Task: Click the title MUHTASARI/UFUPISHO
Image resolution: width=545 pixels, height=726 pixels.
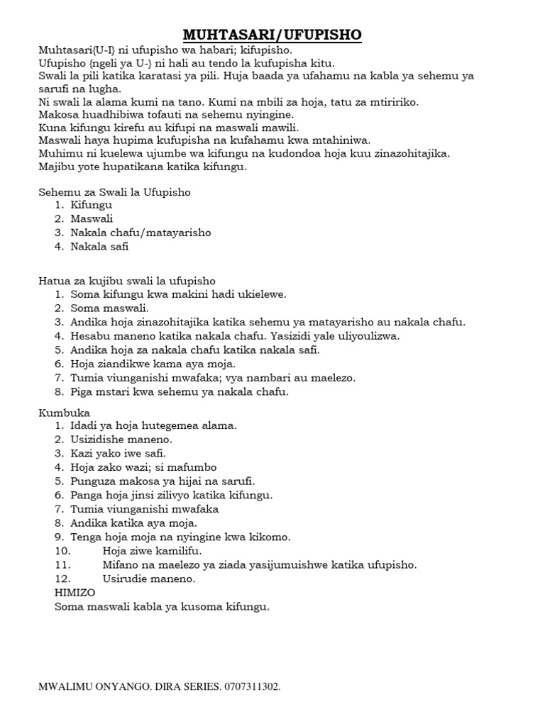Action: tap(272, 35)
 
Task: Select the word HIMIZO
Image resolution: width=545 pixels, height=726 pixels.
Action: tap(74, 592)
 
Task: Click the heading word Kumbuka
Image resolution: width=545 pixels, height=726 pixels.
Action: tap(64, 412)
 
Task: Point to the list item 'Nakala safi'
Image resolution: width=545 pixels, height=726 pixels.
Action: tap(100, 246)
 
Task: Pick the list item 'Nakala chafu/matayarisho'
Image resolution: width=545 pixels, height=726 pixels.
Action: tap(141, 233)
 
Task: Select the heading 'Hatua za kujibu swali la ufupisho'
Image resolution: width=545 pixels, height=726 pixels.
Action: tap(126, 280)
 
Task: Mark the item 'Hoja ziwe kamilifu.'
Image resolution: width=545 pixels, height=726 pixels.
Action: tap(153, 550)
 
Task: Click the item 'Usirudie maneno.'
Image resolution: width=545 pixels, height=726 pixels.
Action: tap(148, 578)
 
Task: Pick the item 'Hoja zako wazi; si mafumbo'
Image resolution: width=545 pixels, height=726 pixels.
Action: tap(143, 467)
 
